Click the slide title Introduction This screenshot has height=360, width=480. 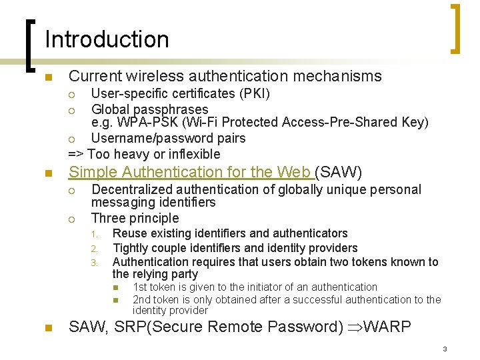pos(107,39)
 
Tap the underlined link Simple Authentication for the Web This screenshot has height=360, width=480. pos(191,173)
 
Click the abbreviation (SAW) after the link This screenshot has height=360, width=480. pos(339,173)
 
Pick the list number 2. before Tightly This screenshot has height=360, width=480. pos(95,249)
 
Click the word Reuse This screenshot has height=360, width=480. pos(129,233)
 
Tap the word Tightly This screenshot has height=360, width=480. pos(132,248)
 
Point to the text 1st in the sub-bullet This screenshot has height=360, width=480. pos(141,287)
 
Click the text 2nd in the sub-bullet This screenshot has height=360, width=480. pos(143,300)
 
